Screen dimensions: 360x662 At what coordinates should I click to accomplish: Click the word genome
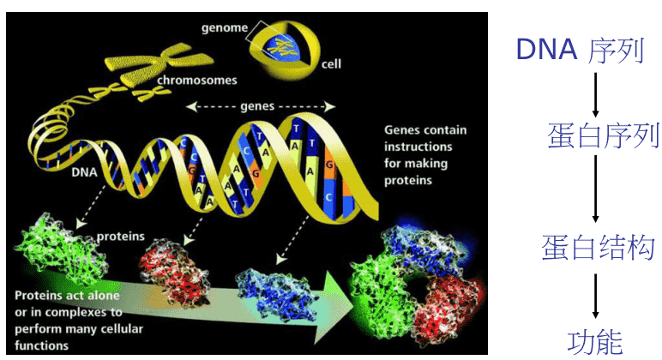click(225, 27)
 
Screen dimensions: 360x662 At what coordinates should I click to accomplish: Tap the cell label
click(331, 64)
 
